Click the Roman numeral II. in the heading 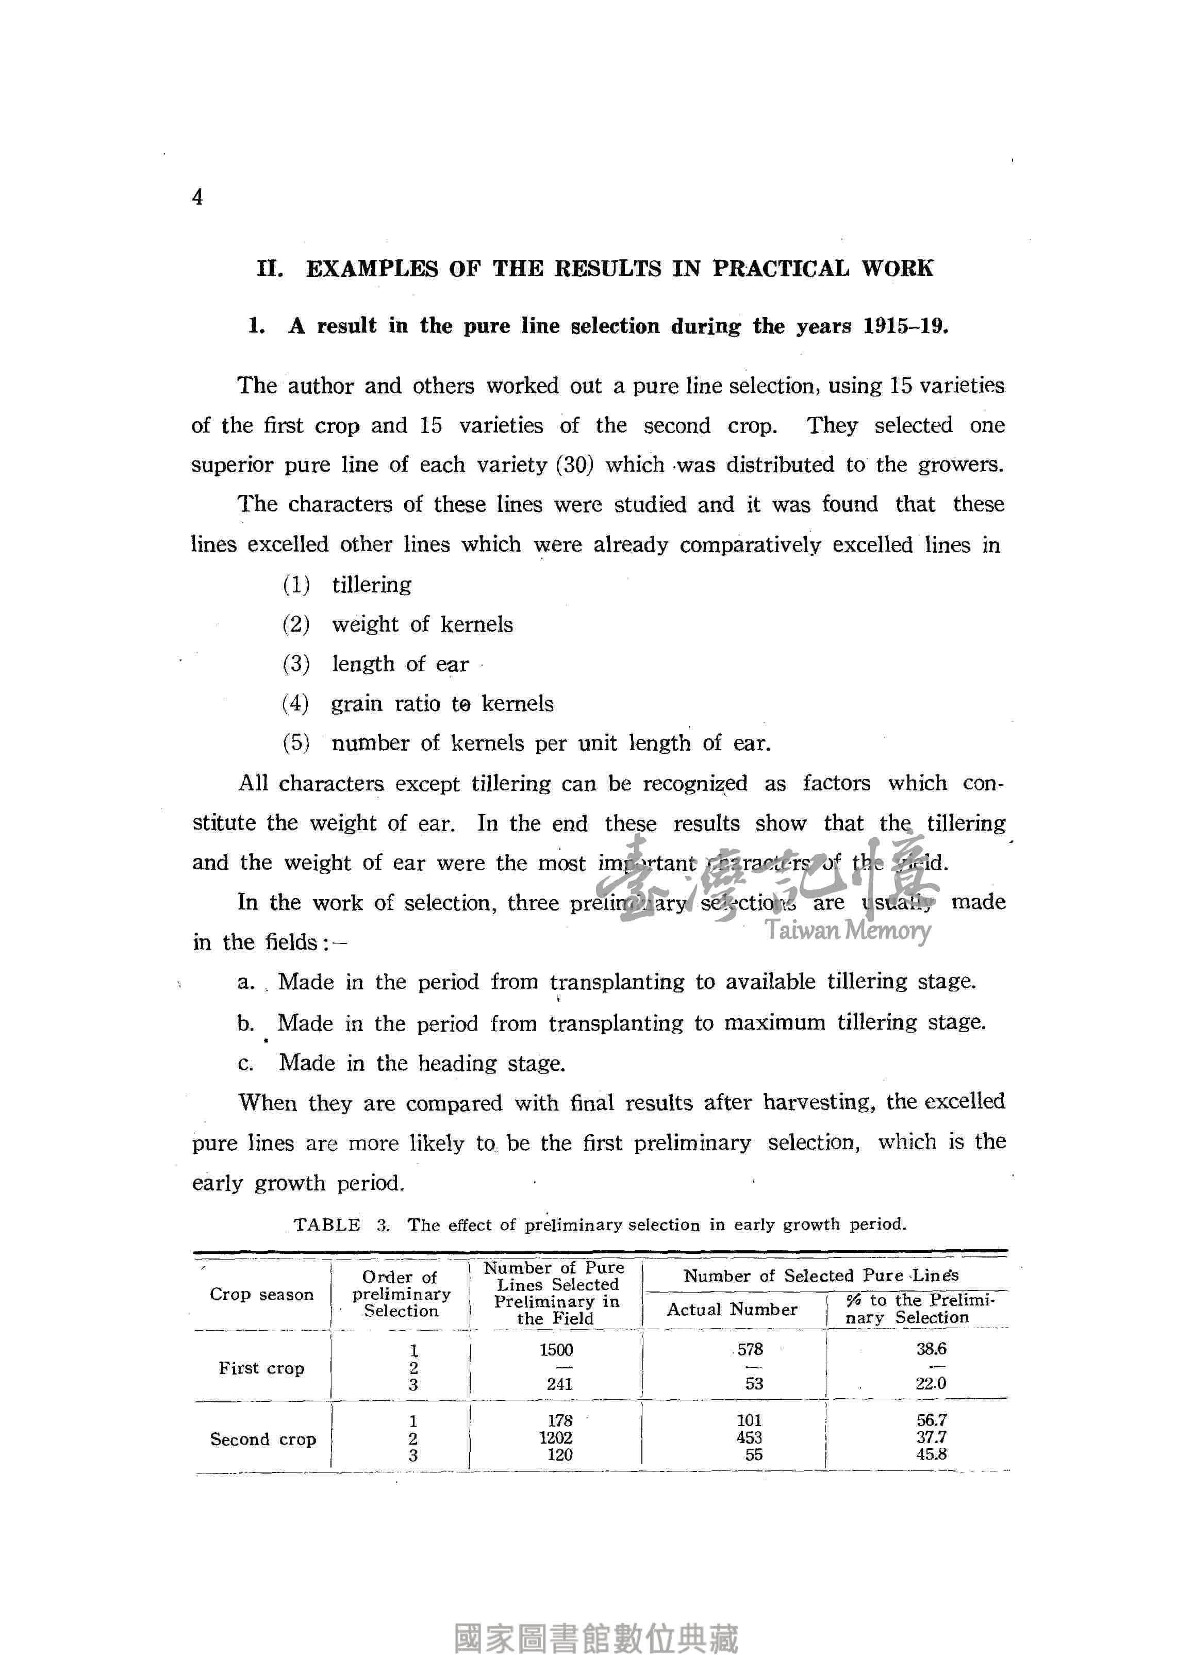click(270, 269)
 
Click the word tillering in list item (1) click(371, 585)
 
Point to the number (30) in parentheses click(575, 465)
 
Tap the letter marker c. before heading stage click(245, 1063)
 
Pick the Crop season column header click(261, 1294)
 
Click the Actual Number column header click(732, 1309)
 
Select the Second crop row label click(263, 1439)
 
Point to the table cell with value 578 click(750, 1349)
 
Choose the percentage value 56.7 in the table click(931, 1420)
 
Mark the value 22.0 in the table click(931, 1383)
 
